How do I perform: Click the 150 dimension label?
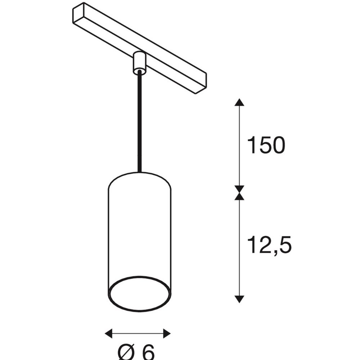266,145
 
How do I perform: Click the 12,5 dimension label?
269,245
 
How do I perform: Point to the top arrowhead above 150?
239,102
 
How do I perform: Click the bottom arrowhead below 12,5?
239,299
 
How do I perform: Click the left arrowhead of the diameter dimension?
109,333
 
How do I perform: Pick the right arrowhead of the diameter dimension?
167,333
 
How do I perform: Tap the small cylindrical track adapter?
139,63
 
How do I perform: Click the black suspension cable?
140,122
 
